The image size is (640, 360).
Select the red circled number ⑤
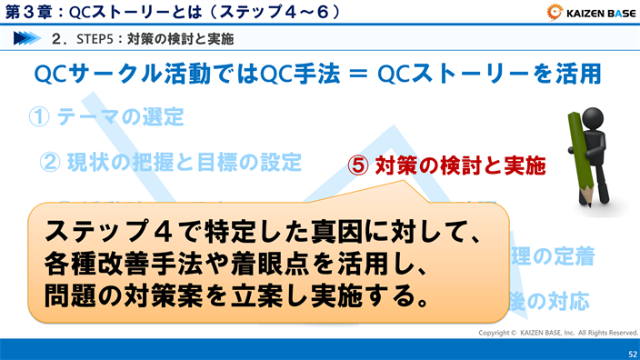pyautogui.click(x=359, y=166)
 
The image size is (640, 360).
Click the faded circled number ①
pyautogui.click(x=39, y=116)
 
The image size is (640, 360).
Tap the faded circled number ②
pyautogui.click(x=50, y=163)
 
